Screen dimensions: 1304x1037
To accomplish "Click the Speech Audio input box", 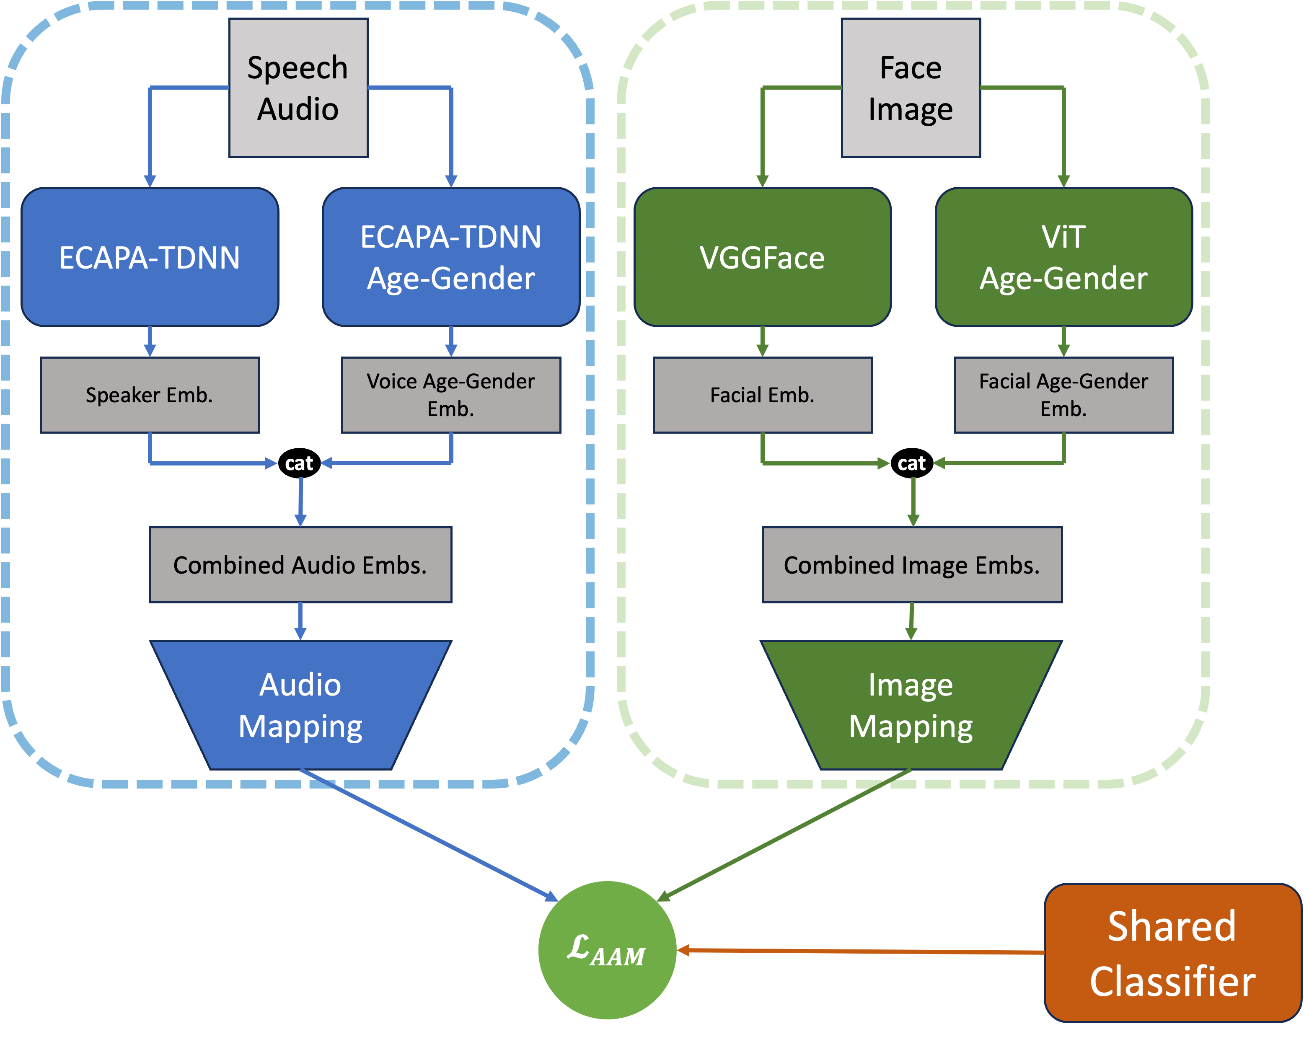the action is (298, 88).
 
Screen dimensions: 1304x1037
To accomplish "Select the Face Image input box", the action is (911, 88).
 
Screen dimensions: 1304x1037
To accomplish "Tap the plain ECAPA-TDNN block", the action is (150, 257).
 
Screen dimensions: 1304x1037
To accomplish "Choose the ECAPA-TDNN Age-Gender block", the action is (451, 257).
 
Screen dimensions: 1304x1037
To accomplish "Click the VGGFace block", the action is (763, 257).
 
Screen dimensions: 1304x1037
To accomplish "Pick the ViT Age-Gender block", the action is (1064, 257).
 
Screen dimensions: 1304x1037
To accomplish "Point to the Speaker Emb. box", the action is (150, 395).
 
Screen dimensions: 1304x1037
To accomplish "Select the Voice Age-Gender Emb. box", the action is (451, 395).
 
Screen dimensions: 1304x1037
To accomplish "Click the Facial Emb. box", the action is (763, 395).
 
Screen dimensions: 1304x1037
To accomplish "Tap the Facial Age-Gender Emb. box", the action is (1064, 395).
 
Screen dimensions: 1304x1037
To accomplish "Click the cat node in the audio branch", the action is (299, 463).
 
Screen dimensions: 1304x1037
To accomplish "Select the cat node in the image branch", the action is (912, 463).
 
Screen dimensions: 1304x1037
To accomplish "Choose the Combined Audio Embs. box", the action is (300, 565).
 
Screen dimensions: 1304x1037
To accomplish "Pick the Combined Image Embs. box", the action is (912, 565).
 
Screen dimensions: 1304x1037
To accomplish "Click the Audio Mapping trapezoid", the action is (300, 705).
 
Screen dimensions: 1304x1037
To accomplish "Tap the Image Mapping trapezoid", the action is (911, 705).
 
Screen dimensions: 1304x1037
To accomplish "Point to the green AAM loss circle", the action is (607, 950).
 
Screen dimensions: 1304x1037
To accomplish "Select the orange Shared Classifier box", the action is (1173, 953).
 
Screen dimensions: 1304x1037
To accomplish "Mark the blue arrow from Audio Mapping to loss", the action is (429, 835).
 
